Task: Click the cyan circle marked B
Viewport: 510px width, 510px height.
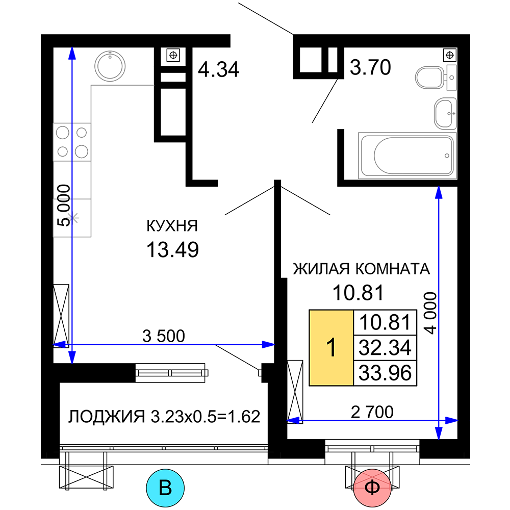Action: (165, 488)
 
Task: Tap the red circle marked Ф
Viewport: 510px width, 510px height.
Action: (372, 488)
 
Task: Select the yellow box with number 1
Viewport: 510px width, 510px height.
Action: (331, 348)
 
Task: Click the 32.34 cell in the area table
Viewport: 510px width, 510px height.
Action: (385, 348)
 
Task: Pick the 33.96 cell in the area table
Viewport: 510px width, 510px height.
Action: (385, 373)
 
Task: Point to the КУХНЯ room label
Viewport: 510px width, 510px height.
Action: (172, 226)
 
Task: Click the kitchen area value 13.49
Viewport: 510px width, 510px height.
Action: (172, 250)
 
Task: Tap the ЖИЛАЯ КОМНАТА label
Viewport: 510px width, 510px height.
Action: (362, 269)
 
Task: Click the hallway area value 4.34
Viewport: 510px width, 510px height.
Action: (219, 69)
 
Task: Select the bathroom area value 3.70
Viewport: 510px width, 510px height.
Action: (370, 67)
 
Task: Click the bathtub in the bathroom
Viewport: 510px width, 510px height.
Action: (407, 156)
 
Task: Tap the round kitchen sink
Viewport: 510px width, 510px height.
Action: (110, 66)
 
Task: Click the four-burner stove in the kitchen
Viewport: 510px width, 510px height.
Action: (72, 142)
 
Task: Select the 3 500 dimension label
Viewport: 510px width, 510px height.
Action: (164, 336)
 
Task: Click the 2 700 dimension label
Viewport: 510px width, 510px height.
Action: (372, 412)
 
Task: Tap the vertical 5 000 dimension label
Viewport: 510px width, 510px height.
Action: (63, 205)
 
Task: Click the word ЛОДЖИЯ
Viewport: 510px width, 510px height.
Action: (107, 417)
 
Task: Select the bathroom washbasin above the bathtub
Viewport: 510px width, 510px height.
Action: (446, 113)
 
